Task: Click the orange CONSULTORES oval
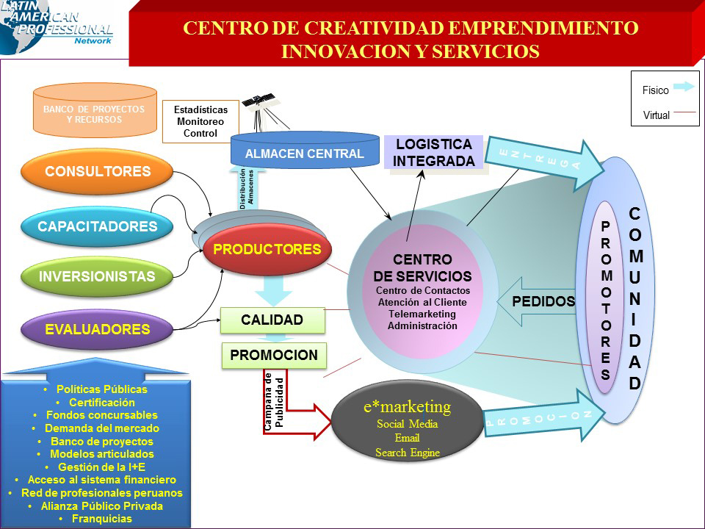point(98,172)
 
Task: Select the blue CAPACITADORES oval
point(98,226)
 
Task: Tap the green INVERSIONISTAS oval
point(98,277)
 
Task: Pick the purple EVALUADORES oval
point(98,329)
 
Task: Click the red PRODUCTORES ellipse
point(267,250)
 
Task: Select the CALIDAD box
point(272,320)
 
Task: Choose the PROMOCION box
point(274,356)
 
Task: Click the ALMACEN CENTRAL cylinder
point(304,153)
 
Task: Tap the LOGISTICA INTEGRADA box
point(434,152)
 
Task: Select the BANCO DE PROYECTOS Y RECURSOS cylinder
point(94,114)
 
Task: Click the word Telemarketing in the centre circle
point(422,313)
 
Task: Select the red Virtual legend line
point(684,112)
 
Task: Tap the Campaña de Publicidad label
point(273,401)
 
